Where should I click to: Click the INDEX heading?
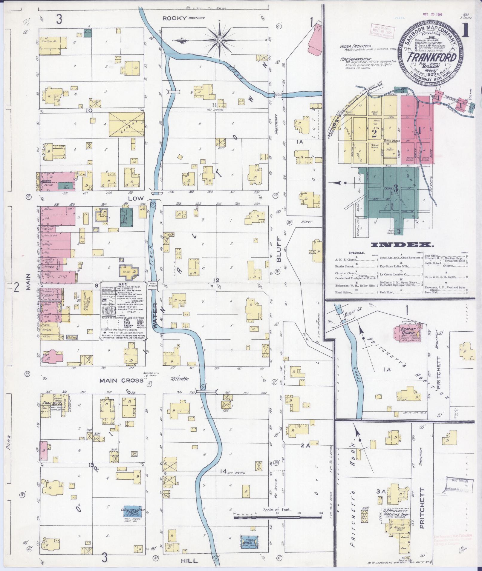[402, 245]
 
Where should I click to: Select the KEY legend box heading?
[123, 284]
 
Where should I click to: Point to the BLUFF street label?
[279, 249]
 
